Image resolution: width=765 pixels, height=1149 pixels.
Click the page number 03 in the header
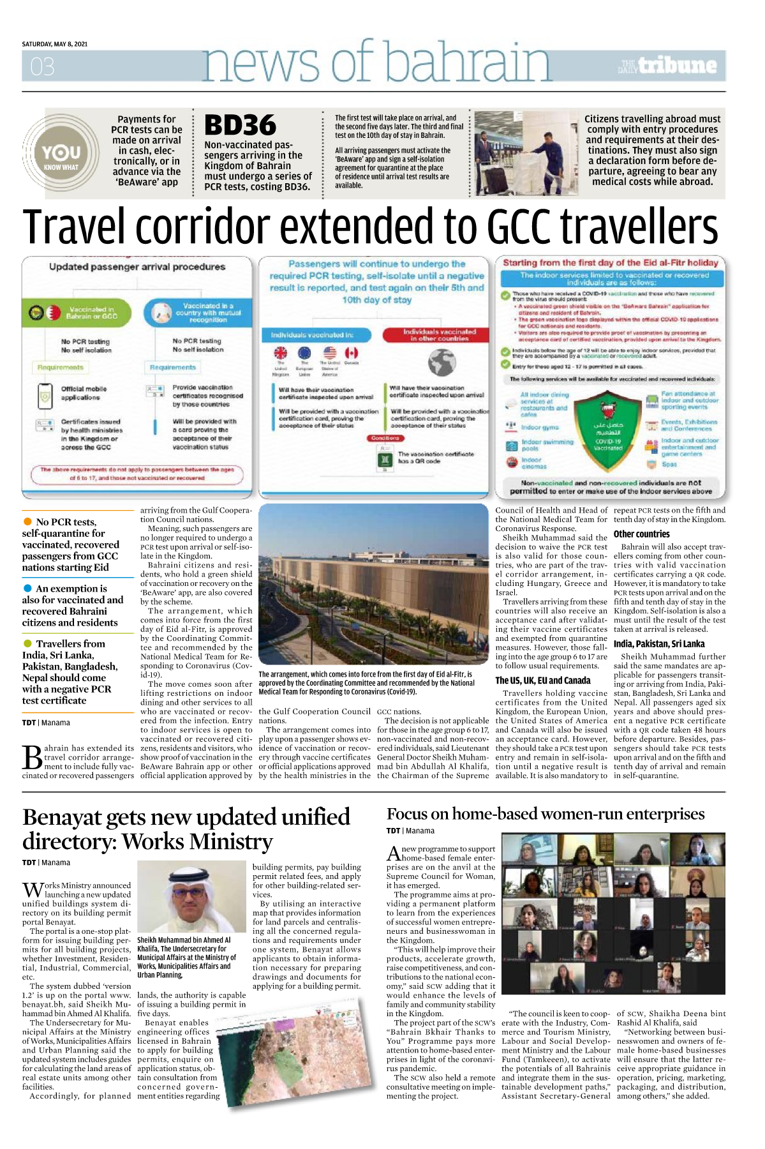pyautogui.click(x=42, y=66)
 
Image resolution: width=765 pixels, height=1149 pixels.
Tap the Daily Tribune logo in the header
pyautogui.click(x=667, y=66)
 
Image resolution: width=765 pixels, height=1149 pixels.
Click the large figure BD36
pyautogui.click(x=240, y=126)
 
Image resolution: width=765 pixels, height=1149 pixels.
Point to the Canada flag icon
pyautogui.click(x=352, y=353)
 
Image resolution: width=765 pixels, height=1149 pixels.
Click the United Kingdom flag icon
pyautogui.click(x=281, y=353)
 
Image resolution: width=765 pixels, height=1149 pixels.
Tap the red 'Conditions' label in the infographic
pyautogui.click(x=385, y=439)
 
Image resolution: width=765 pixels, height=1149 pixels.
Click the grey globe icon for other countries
pyautogui.click(x=442, y=363)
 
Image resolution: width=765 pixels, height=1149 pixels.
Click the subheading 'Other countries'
pyautogui.click(x=641, y=534)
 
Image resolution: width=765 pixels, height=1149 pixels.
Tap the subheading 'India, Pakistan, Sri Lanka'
pyautogui.click(x=659, y=644)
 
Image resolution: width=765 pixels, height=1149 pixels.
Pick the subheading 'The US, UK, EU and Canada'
pyautogui.click(x=543, y=680)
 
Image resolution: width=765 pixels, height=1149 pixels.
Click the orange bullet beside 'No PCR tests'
pyautogui.click(x=27, y=522)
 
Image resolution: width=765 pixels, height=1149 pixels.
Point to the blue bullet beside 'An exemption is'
pyautogui.click(x=27, y=588)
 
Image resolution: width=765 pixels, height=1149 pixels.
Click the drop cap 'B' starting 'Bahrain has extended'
pyautogui.click(x=32, y=758)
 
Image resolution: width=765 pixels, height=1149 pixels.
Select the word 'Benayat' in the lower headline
pyautogui.click(x=62, y=818)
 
